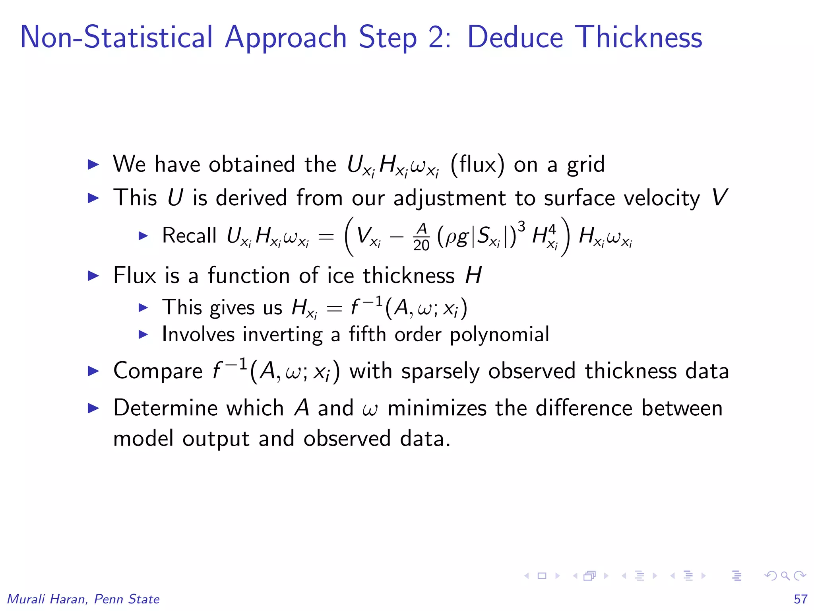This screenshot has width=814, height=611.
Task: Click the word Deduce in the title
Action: [x=515, y=37]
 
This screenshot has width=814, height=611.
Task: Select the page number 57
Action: [x=800, y=599]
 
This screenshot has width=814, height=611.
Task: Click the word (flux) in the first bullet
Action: [x=477, y=164]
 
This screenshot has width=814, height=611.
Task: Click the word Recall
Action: [x=189, y=235]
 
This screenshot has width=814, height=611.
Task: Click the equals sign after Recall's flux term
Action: [x=326, y=237]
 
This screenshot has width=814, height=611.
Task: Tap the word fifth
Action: [x=367, y=334]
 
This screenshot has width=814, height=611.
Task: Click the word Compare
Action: [x=158, y=371]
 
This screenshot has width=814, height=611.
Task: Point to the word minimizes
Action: [x=437, y=408]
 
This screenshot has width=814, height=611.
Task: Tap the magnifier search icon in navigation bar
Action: [x=785, y=576]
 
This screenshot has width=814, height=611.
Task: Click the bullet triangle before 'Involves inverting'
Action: [x=143, y=335]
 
